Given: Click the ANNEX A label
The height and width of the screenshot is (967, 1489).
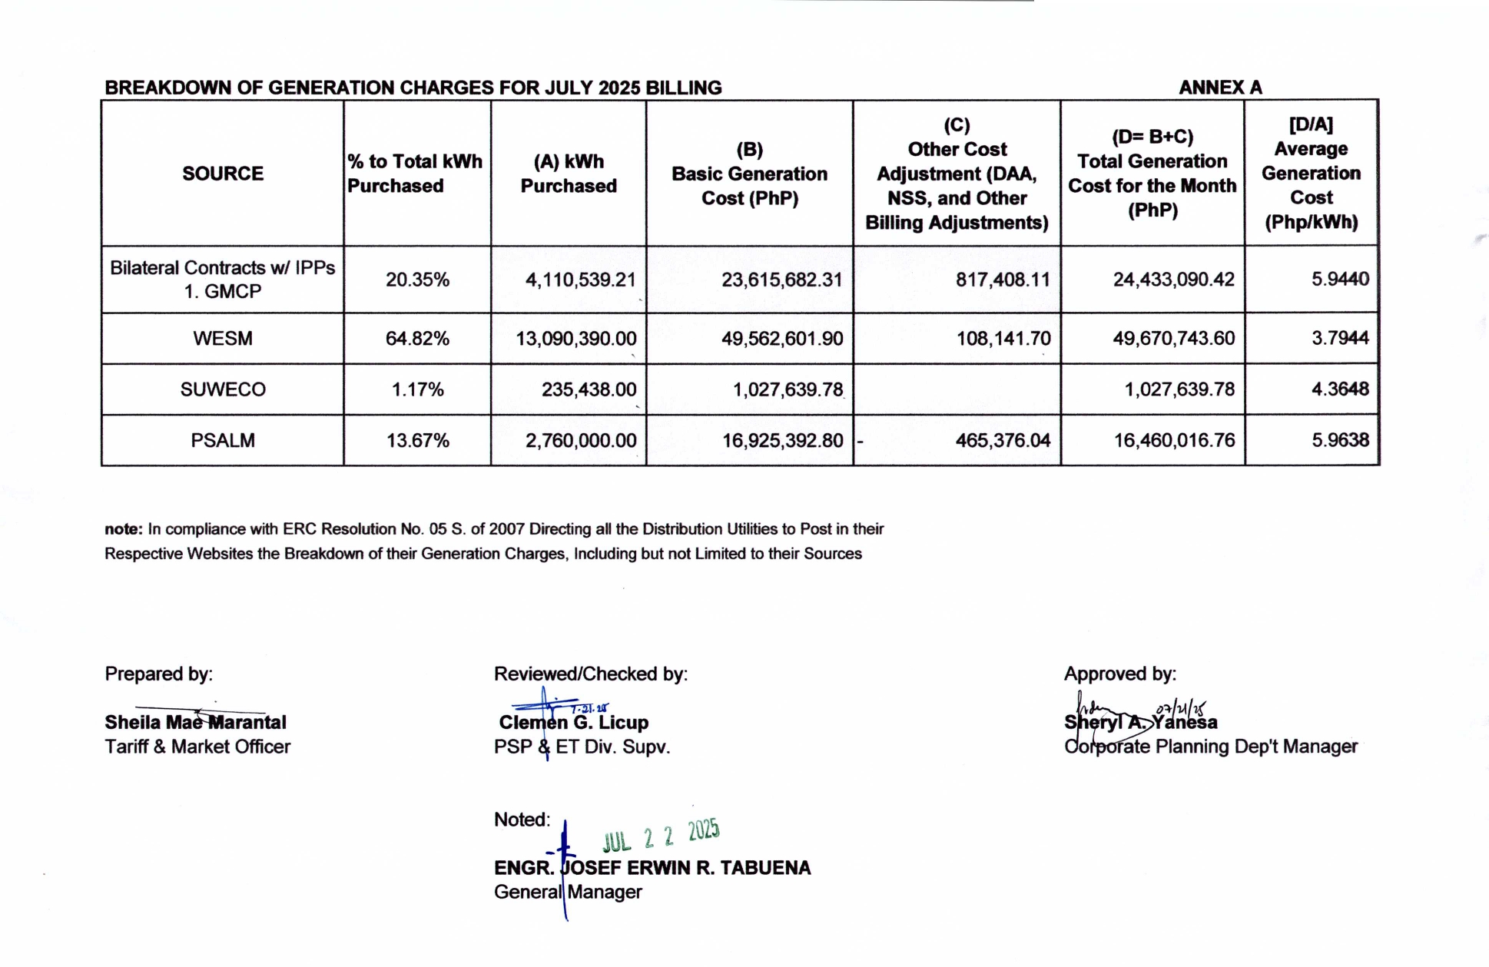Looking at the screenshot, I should (x=1220, y=88).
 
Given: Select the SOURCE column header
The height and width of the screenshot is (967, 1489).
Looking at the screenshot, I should (x=223, y=174).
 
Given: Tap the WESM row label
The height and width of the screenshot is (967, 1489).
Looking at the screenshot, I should (x=223, y=339).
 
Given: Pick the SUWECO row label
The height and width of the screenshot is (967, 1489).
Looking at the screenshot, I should (x=223, y=389).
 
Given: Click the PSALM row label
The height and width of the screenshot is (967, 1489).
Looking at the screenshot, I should (x=223, y=440).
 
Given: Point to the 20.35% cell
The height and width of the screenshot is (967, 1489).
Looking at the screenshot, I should (x=417, y=280).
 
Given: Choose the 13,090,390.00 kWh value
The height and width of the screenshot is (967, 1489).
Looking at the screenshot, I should (x=575, y=339).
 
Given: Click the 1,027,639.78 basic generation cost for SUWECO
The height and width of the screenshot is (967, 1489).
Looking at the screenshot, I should (x=788, y=389).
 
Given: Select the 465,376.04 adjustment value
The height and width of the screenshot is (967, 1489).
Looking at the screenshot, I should (x=1002, y=440).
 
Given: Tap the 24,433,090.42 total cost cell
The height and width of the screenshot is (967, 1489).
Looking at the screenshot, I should (x=1173, y=280).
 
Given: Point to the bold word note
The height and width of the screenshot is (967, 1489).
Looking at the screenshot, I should (x=123, y=529).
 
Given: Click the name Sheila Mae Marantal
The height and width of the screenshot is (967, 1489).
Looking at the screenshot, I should (x=195, y=723).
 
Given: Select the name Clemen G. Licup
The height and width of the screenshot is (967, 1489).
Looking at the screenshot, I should (x=573, y=723).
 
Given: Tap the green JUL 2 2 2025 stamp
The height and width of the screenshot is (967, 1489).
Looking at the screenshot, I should (x=661, y=835).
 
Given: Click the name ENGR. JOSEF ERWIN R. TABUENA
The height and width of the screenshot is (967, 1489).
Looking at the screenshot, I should (x=652, y=868).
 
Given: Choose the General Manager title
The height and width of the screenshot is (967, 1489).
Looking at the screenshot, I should (x=568, y=892).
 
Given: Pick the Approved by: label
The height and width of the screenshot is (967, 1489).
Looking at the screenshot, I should (x=1119, y=674).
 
